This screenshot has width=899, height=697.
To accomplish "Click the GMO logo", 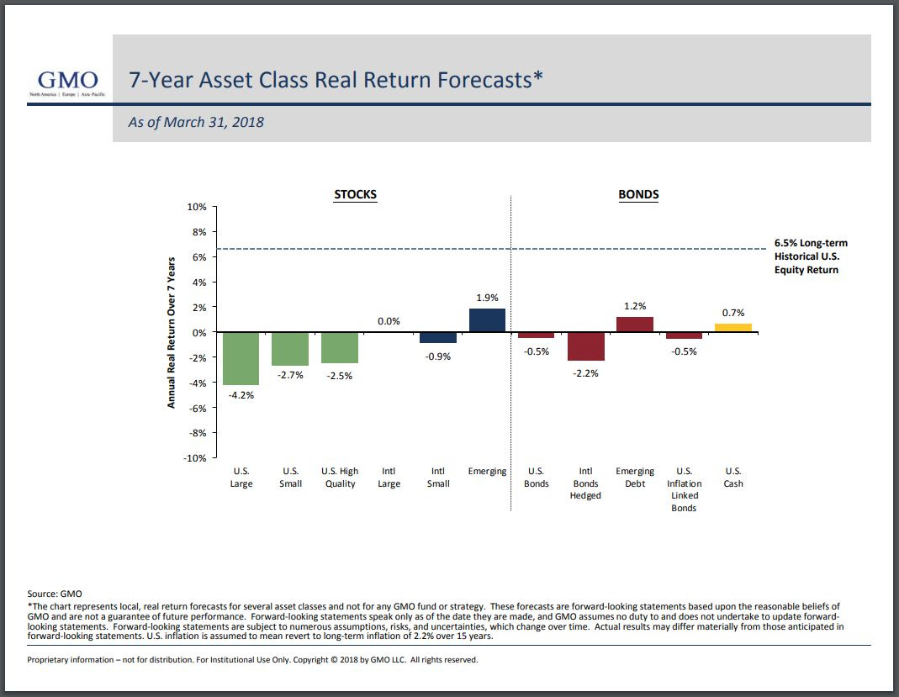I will [x=68, y=82].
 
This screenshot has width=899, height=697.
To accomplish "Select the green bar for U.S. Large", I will [x=241, y=359].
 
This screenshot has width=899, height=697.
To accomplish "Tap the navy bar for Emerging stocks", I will [x=487, y=320].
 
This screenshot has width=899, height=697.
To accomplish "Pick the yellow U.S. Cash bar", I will [x=733, y=328].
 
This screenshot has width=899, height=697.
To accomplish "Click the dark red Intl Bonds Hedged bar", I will [x=585, y=346].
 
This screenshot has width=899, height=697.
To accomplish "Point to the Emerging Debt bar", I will [x=635, y=325].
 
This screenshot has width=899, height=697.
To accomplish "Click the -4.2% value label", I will [x=241, y=394].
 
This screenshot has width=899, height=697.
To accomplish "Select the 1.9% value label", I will [x=487, y=298].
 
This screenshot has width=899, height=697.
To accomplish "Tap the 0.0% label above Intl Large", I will [x=389, y=321].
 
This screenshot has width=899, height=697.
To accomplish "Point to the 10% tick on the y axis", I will [x=196, y=207].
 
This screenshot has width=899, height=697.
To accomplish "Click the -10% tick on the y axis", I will [x=194, y=458].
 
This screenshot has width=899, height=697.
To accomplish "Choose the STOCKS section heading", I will [x=356, y=194].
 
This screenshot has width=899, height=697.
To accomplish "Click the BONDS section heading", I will [x=638, y=194].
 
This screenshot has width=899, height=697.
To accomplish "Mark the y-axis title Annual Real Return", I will [x=172, y=333].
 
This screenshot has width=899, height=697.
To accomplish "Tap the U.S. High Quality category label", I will [x=340, y=478].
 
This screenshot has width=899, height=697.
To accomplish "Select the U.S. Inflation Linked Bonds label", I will [x=684, y=489].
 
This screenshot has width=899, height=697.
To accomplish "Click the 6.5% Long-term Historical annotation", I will [x=811, y=256].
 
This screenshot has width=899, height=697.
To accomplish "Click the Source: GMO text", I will [x=55, y=594].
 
